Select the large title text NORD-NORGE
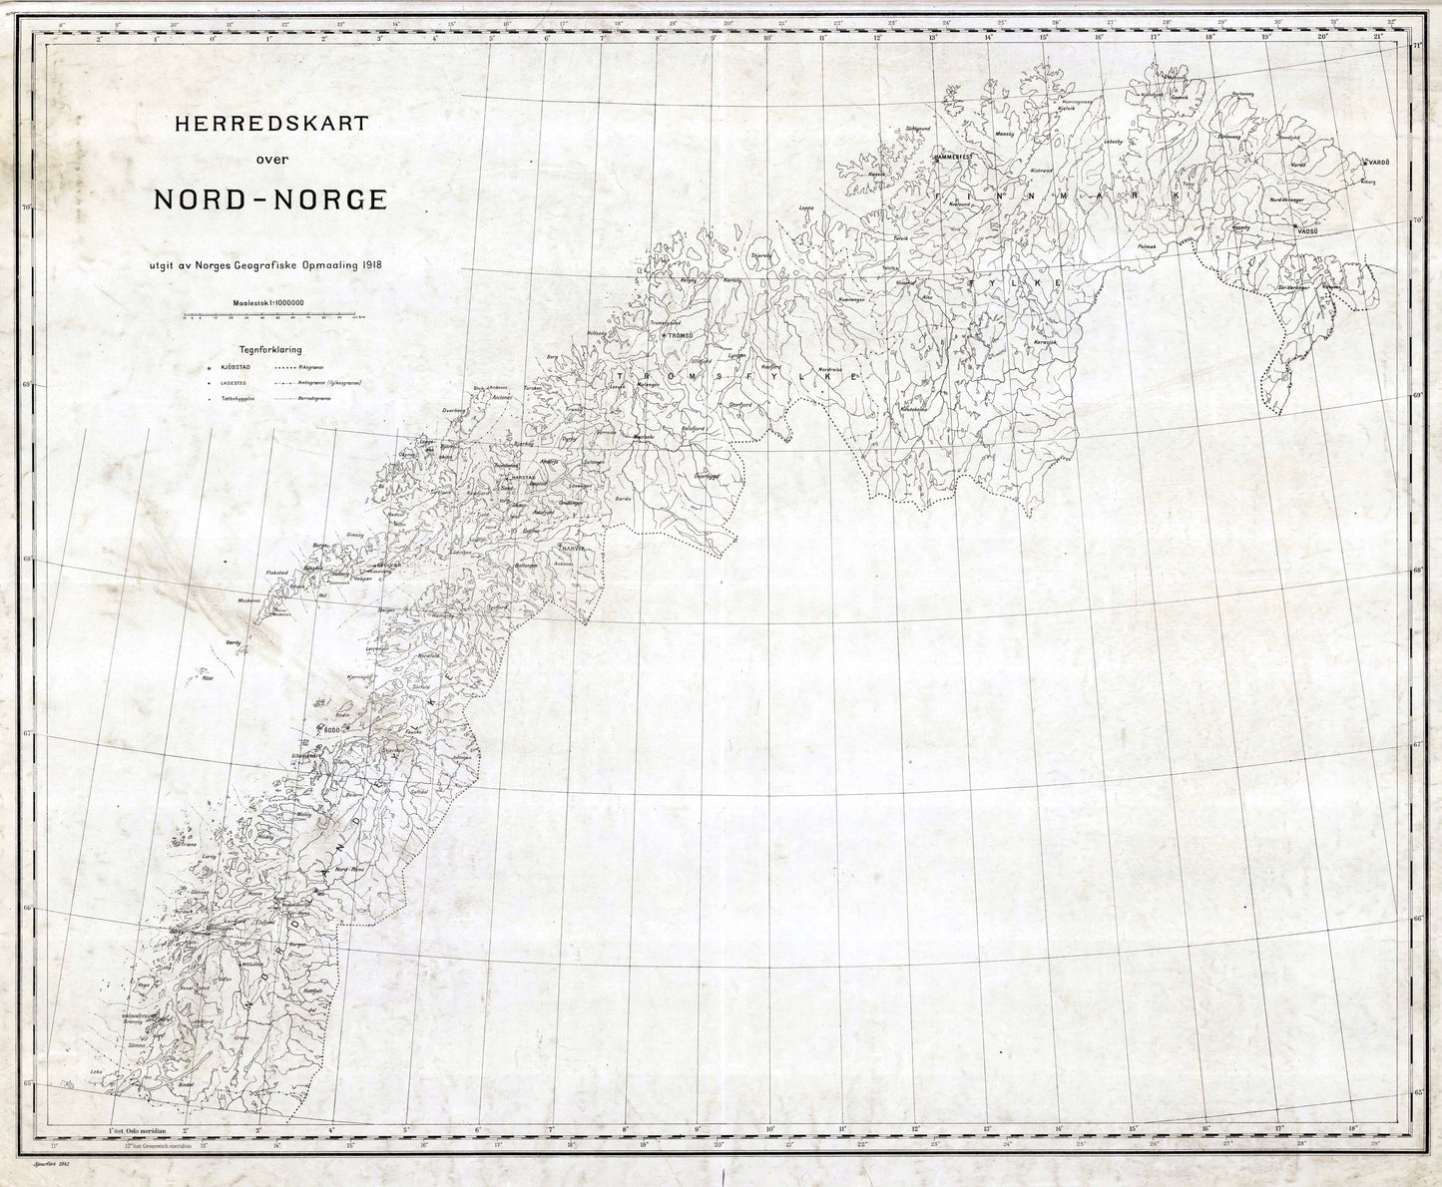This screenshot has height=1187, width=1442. click(269, 198)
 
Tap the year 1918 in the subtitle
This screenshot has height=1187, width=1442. click(369, 264)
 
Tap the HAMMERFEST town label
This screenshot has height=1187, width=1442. click(958, 158)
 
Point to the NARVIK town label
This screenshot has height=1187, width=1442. click(570, 550)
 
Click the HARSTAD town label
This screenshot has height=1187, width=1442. click(524, 477)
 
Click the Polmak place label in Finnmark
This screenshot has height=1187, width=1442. click(1148, 245)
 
